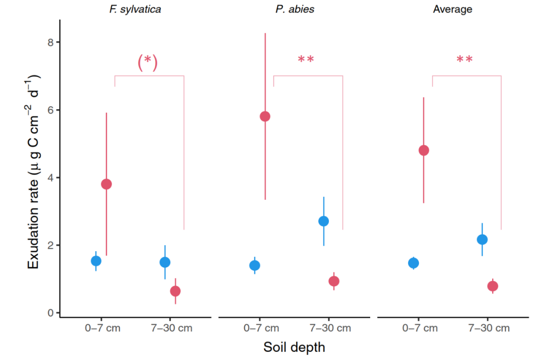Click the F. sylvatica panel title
135,9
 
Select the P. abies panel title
295,9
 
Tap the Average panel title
452,9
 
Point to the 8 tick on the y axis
50,42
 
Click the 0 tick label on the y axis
50,313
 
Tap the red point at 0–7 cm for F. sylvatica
106,184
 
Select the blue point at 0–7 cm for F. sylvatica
96,261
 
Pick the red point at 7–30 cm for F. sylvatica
175,291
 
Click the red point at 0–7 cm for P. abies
265,117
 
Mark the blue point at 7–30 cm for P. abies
324,221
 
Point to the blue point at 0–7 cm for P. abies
255,265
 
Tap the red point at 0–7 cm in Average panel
424,151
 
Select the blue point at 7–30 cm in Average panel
483,239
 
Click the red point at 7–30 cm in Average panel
493,286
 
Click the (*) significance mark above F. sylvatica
148,62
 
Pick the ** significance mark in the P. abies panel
306,59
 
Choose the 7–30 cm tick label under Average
489,328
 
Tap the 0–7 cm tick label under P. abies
260,328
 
